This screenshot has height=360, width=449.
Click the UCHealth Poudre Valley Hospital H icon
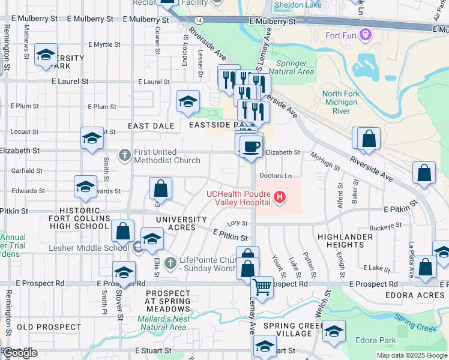279,197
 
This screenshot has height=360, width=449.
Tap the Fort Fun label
342,35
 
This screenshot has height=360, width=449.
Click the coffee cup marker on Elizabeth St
250,145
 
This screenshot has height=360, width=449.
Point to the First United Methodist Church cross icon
124,155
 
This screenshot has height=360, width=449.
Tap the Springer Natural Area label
295,67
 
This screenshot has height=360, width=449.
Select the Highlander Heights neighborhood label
346,241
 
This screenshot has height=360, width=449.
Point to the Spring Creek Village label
287,329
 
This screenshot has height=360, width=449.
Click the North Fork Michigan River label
340,102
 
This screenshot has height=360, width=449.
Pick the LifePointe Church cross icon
171,262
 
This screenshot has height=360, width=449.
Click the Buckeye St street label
385,226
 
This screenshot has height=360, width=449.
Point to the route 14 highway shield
198,20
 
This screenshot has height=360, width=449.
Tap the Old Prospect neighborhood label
49,327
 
